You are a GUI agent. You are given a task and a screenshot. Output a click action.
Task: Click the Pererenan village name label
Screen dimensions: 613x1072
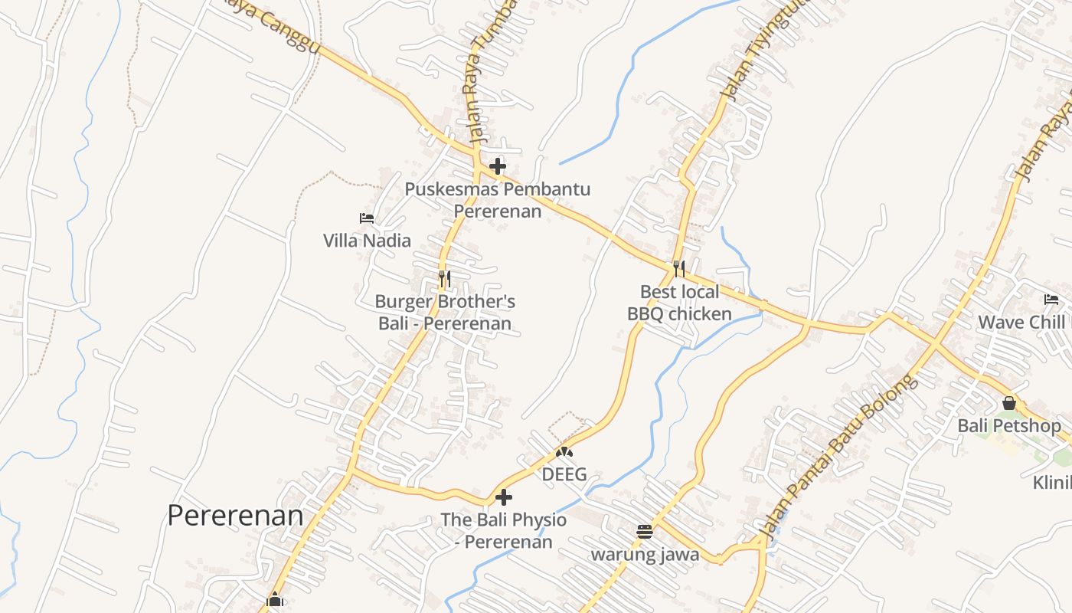[235, 516]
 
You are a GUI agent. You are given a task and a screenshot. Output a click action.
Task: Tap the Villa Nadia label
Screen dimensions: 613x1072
[367, 241]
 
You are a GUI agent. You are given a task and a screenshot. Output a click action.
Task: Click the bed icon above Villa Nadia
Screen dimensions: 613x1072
[367, 218]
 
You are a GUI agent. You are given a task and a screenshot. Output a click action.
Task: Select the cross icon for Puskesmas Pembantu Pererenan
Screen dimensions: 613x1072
[498, 166]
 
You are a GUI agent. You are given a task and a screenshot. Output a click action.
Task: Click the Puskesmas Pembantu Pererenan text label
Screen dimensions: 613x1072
[498, 199]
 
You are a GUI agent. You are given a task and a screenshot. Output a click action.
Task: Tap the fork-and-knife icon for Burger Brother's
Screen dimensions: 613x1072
[444, 278]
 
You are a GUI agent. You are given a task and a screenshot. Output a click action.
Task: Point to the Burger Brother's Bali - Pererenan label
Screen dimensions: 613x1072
[445, 313]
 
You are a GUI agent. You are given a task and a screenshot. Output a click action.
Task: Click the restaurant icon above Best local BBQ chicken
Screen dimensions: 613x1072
[679, 268]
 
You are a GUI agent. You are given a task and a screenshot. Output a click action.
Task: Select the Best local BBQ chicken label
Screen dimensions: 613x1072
[679, 303]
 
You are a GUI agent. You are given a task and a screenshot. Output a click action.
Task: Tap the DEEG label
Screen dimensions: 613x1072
[564, 474]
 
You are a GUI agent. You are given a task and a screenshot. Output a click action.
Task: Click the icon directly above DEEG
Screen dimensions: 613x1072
[564, 452]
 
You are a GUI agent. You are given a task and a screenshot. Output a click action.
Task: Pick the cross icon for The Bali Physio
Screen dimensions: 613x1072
[504, 497]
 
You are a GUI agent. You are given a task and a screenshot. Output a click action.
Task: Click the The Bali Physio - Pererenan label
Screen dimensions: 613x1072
[504, 531]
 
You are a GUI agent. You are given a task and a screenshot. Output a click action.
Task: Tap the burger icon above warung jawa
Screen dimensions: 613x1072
[645, 531]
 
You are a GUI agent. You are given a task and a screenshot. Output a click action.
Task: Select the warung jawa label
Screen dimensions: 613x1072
[645, 554]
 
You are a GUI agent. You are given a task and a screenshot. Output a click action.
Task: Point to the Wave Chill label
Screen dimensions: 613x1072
[1021, 322]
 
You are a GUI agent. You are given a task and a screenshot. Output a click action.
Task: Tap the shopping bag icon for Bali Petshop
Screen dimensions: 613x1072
[1009, 403]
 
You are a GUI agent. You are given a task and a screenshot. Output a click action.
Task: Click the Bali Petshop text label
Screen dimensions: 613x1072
[1009, 425]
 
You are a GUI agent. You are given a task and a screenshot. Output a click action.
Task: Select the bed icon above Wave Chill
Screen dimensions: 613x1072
[1051, 300]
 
